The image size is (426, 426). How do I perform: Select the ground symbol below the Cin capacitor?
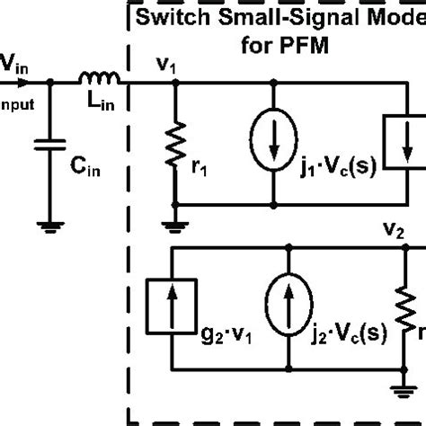(49, 225)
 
